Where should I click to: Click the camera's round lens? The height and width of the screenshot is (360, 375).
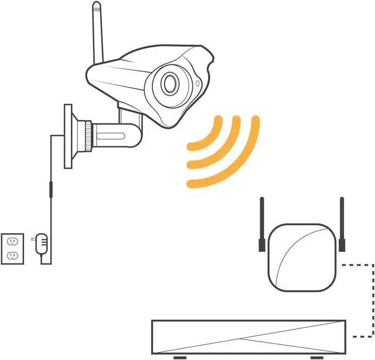click(x=171, y=84)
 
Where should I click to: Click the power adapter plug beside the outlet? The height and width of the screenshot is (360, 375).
click(x=41, y=244)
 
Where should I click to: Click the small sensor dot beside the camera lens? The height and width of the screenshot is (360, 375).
click(x=197, y=83)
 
